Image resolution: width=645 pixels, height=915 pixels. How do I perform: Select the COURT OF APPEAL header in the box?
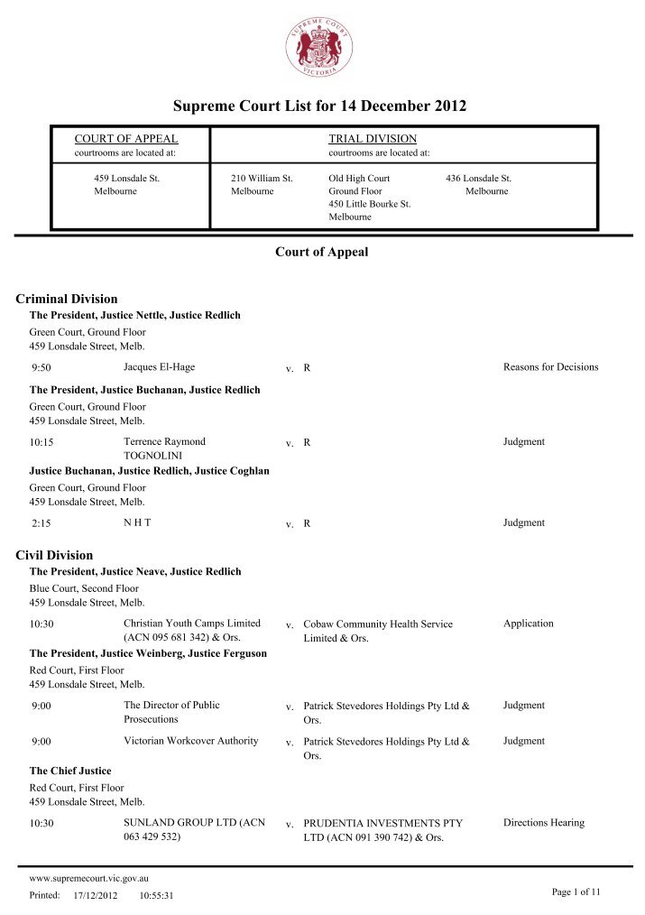pyautogui.click(x=125, y=139)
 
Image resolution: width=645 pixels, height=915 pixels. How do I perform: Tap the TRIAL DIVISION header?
pyautogui.click(x=373, y=139)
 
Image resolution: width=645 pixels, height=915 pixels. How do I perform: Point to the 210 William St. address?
pyautogui.click(x=262, y=179)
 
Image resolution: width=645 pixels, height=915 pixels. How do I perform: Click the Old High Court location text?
pyautogui.click(x=359, y=179)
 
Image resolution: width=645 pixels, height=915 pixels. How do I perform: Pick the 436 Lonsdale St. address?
pyautogui.click(x=478, y=179)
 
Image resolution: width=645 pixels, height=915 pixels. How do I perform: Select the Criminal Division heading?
pyautogui.click(x=68, y=299)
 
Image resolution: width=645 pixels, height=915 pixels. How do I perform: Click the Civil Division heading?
pyautogui.click(x=55, y=555)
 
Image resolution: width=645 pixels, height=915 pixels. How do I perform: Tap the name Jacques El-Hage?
pyautogui.click(x=159, y=367)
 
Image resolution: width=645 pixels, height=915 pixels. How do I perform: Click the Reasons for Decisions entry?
pyautogui.click(x=550, y=367)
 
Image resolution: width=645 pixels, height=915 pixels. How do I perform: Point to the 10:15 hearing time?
pyautogui.click(x=41, y=443)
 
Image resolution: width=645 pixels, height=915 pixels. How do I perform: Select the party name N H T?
pyautogui.click(x=137, y=522)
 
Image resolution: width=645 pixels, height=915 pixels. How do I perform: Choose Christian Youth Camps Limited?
pyautogui.click(x=191, y=624)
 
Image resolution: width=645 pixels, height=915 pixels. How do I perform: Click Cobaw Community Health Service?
pyautogui.click(x=378, y=624)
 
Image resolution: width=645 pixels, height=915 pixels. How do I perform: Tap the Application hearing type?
pyautogui.click(x=529, y=624)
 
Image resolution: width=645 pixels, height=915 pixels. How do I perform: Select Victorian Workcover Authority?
pyautogui.click(x=190, y=741)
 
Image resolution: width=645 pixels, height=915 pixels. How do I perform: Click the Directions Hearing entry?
pyautogui.click(x=543, y=823)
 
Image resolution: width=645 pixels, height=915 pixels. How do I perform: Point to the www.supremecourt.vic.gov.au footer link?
pyautogui.click(x=88, y=877)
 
